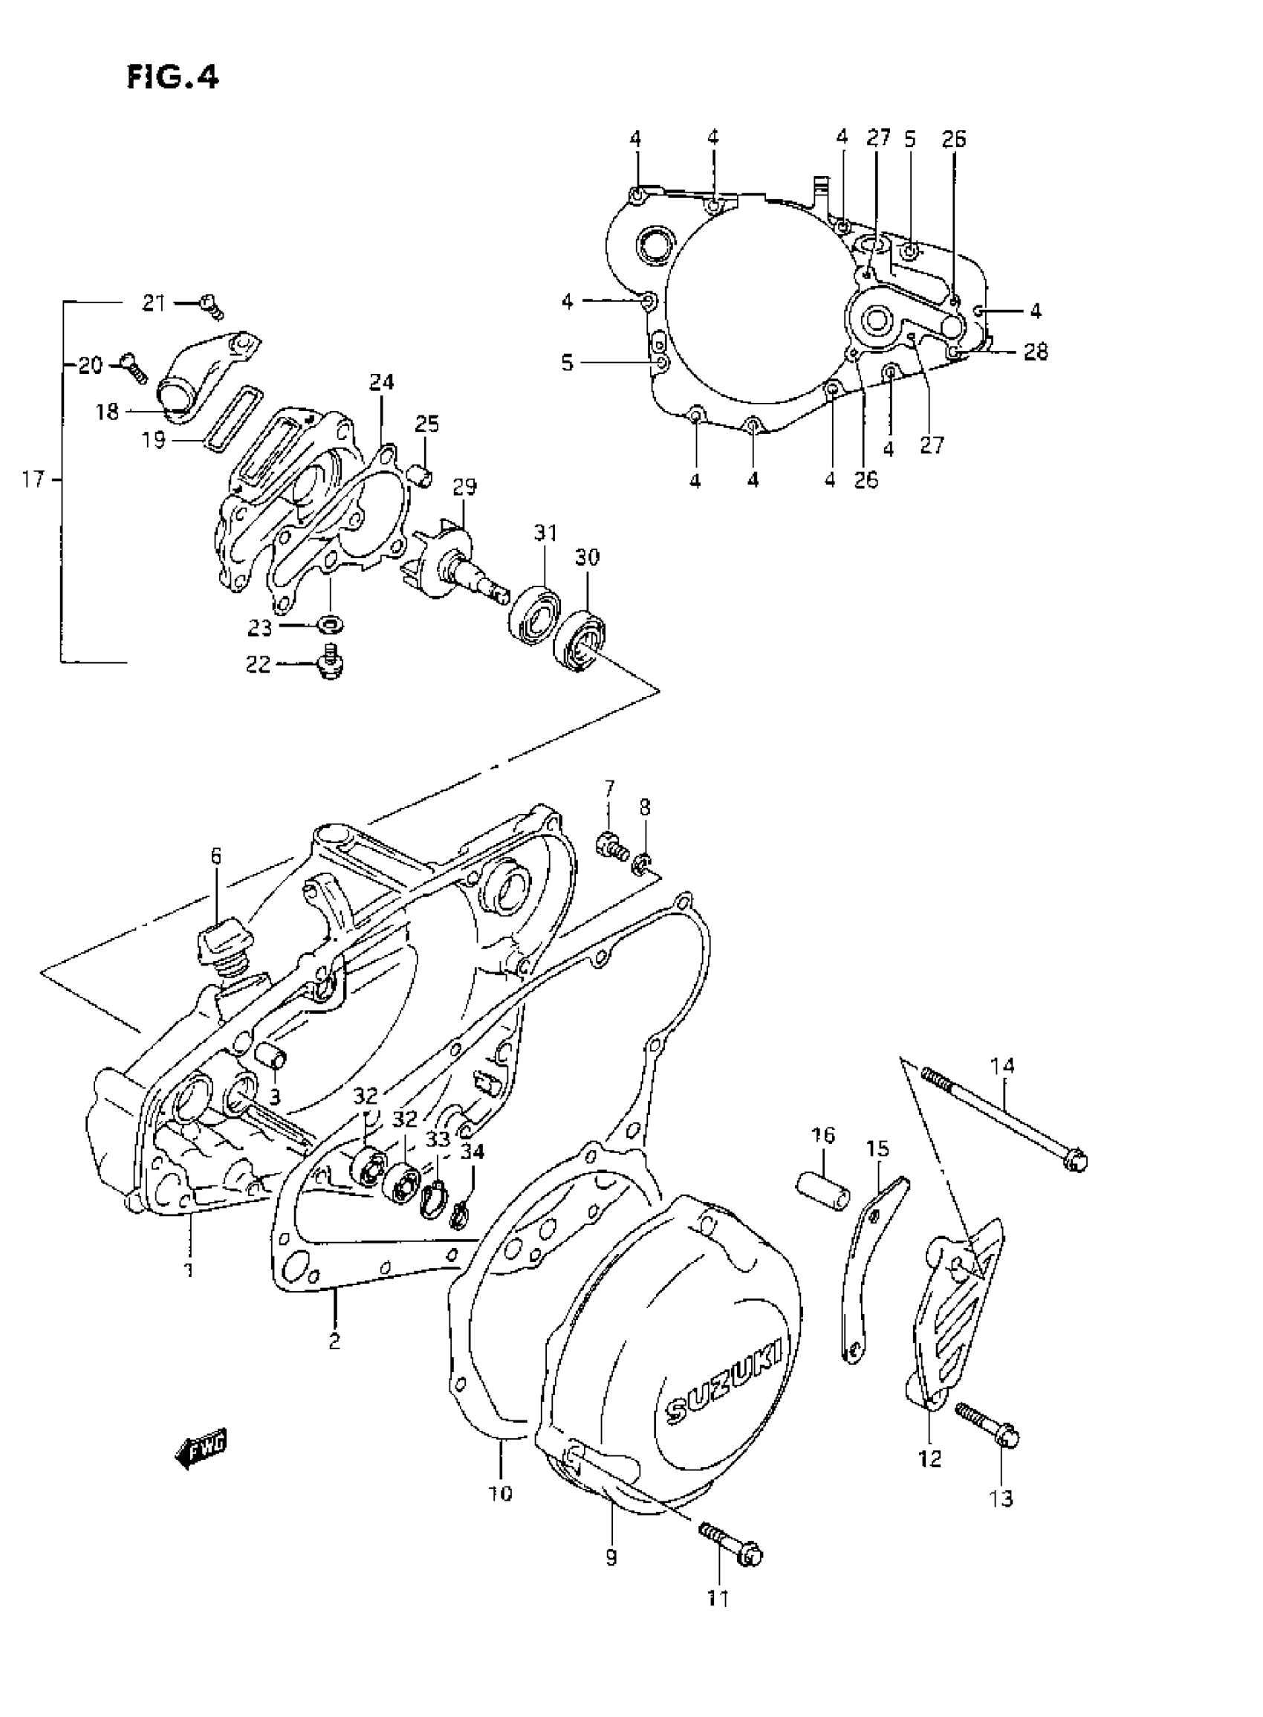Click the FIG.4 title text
(x=173, y=77)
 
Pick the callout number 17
(x=33, y=481)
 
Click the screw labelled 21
(x=210, y=306)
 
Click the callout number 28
(x=1035, y=352)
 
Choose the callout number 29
(x=464, y=487)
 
